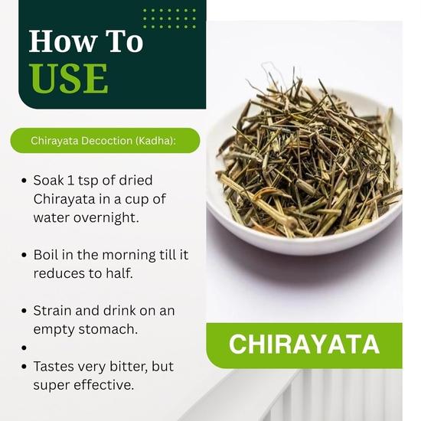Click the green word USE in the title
coord(68,79)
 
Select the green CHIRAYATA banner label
coord(304,344)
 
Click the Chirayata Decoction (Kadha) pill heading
coord(103,141)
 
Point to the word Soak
coord(51,181)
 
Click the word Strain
coord(54,311)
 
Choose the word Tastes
coord(56,367)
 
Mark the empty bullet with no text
coord(24,348)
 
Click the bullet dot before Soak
coord(24,181)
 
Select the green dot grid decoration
coord(169,18)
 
